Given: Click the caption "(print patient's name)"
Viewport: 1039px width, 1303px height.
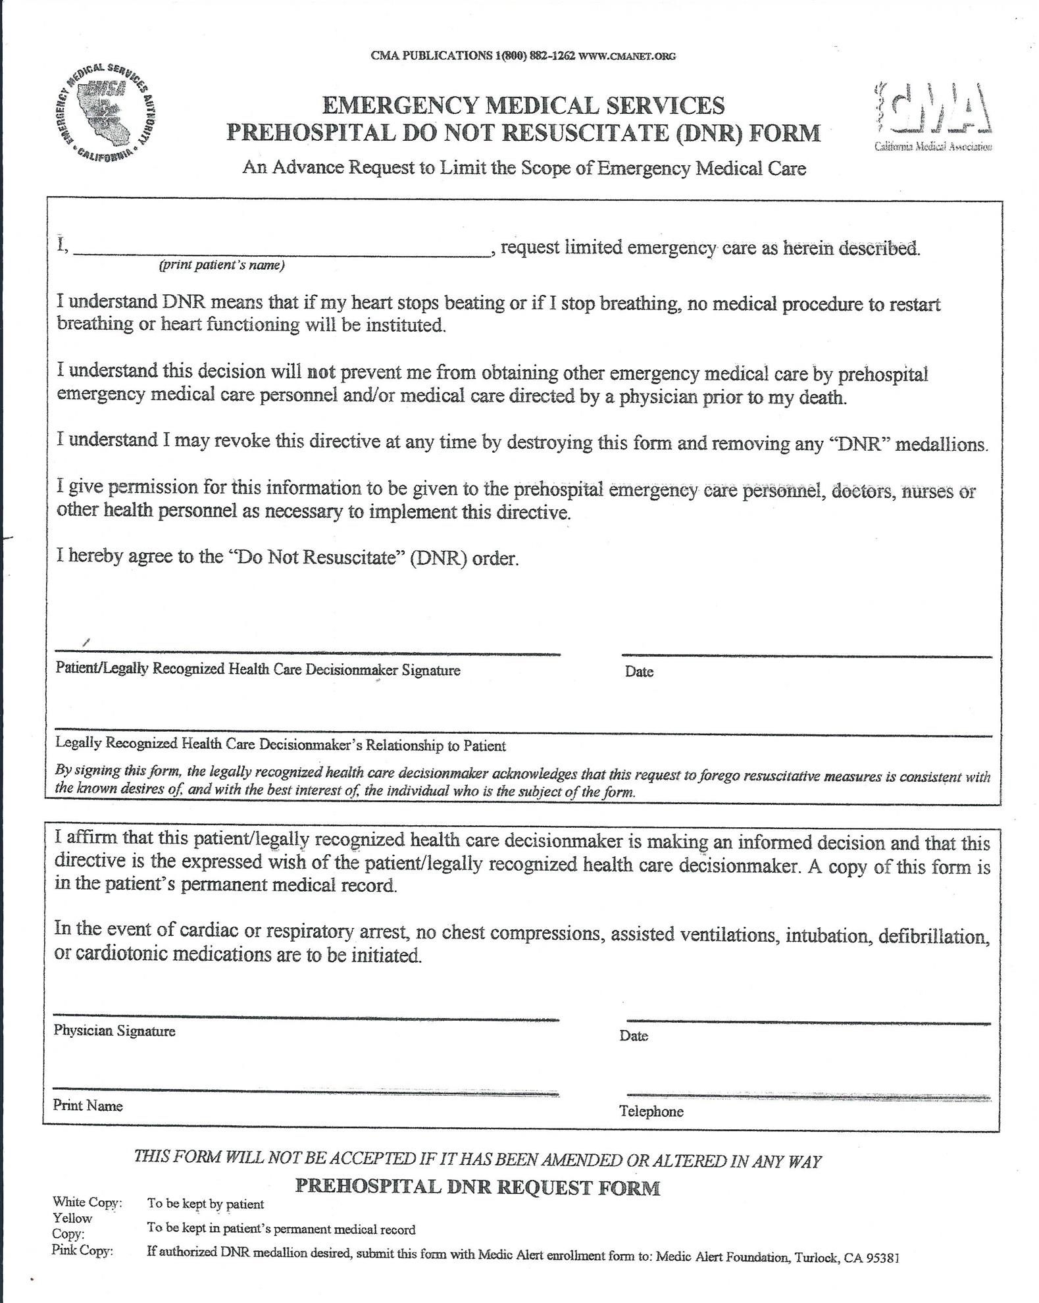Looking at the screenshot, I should point(221,266).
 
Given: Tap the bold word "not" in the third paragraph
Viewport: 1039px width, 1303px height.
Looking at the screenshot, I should point(322,372).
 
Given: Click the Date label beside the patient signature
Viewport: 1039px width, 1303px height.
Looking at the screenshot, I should point(639,672).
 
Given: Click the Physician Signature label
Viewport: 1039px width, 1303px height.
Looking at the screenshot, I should point(114,1031).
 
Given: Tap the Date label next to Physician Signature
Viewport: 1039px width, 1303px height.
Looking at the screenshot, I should point(634,1036).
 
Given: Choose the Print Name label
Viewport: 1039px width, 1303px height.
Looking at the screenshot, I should point(88,1106).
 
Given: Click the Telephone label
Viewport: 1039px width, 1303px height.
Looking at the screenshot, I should point(651,1111).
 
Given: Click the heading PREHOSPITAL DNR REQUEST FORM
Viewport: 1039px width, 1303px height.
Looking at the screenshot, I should point(478,1187).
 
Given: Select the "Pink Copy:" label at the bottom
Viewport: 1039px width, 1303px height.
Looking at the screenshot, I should point(82,1250).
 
